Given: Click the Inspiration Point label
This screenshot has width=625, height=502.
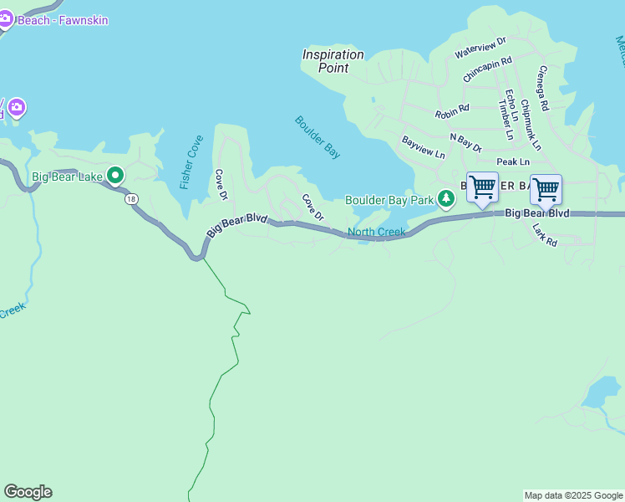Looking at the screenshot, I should click(333, 61).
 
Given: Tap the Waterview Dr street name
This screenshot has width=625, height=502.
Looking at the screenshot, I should click(480, 47).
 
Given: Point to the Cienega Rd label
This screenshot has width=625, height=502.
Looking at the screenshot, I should click(543, 89).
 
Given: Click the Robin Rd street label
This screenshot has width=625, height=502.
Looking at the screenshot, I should click(452, 110).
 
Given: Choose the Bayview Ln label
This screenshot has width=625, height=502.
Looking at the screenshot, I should click(424, 148).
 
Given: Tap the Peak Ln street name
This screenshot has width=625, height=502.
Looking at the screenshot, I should click(513, 161).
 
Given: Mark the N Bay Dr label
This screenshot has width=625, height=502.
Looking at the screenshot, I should click(465, 142).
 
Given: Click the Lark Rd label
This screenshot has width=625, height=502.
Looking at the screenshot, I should click(545, 235).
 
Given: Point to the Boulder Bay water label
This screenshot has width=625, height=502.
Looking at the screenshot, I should click(318, 137).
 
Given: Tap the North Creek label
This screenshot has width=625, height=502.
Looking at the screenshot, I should click(376, 232).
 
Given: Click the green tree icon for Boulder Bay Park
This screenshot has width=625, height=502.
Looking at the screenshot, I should click(447, 198).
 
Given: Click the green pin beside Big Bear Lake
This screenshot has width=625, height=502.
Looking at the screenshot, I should click(116, 176).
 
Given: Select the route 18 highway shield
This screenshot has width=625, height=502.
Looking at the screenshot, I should click(131, 198).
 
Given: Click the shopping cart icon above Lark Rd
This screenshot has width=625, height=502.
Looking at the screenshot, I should click(546, 190).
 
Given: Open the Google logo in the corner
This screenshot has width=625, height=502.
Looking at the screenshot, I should click(28, 492).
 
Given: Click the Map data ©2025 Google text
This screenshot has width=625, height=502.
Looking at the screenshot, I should click(573, 495).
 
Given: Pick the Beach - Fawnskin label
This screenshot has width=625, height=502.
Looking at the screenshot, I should click(63, 19).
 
